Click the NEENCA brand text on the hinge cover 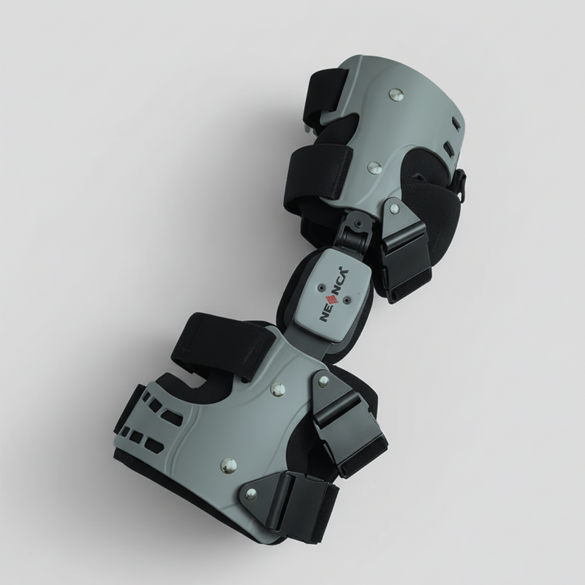pyautogui.click(x=334, y=294)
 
